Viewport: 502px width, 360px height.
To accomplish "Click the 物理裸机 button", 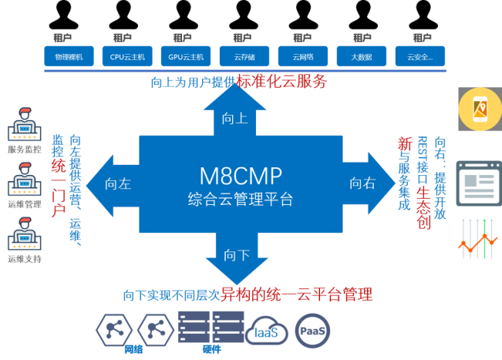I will tap(69, 56).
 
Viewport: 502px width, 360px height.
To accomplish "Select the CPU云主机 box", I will tap(127, 56).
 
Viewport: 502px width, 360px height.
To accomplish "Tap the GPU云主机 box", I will tap(187, 56).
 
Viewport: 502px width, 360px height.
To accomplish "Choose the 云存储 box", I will tap(244, 56).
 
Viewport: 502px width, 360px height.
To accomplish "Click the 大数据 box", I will tap(362, 56).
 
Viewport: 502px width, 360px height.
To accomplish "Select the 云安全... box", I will tap(420, 56).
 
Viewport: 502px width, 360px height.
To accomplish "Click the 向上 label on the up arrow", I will tap(234, 118).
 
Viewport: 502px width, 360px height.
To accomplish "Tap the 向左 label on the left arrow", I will tap(119, 183).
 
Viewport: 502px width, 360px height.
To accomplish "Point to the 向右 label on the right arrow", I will tap(362, 183).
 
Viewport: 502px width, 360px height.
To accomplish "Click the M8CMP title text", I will tap(241, 175).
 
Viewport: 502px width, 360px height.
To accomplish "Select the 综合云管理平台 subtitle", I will tap(241, 200).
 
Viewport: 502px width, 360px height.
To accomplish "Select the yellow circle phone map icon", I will tap(480, 109).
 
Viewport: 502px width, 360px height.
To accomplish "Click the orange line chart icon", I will tap(479, 239).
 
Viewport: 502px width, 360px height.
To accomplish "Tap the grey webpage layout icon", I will tap(479, 183).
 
